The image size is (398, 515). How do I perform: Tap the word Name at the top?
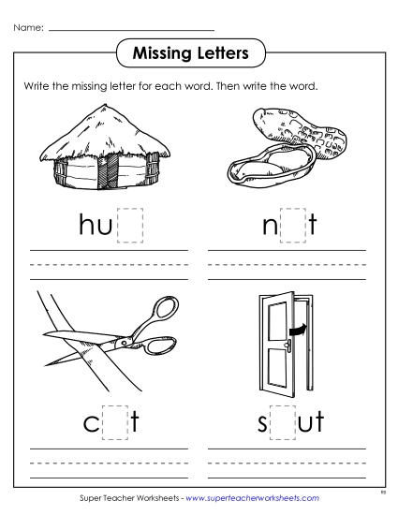(27, 30)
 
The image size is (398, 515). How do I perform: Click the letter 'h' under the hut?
(88, 226)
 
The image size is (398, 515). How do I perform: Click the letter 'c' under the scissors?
(92, 424)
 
